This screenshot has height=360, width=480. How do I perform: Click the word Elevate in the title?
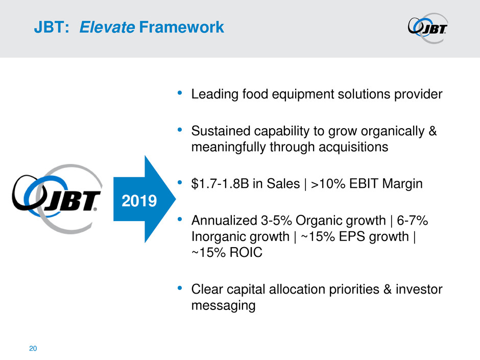coord(107,27)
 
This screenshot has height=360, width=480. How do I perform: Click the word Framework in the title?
coord(181,27)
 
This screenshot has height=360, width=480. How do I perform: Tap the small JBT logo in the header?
coord(427,28)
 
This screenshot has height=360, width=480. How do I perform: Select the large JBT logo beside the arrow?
coord(57,199)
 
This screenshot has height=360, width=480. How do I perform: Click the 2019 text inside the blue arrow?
coord(139,201)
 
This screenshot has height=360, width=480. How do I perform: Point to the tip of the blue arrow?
coord(176,199)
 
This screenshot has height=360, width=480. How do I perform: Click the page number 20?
coord(33,348)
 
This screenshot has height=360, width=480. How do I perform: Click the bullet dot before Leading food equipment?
coord(180,92)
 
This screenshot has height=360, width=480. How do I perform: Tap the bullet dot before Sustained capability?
coord(180,130)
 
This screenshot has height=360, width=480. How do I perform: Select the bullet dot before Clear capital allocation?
coord(180,288)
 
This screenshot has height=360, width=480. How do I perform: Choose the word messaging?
coord(224,305)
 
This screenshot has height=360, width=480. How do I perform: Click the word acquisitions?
coord(353,147)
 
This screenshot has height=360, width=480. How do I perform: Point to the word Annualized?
coord(224,221)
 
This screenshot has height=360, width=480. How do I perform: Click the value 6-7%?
coord(413,221)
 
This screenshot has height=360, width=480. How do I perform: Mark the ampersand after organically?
coord(433,131)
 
